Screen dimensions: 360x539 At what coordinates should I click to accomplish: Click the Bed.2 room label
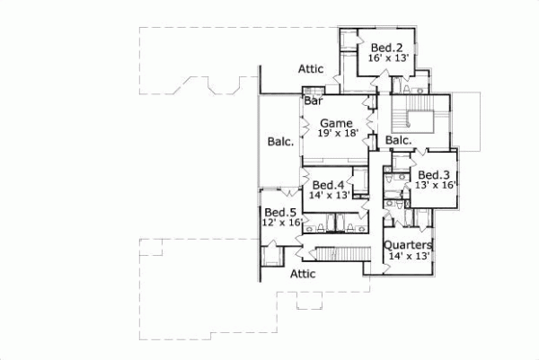tap(386, 47)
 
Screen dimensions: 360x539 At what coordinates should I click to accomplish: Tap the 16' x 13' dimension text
tap(389, 57)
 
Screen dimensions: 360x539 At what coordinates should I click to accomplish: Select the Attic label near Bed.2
tap(311, 68)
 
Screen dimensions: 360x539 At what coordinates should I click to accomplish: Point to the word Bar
tap(314, 101)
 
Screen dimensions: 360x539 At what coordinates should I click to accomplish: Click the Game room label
tap(336, 123)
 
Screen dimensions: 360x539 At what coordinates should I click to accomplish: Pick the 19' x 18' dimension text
tap(338, 134)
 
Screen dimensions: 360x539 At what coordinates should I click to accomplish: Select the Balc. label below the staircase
tap(399, 141)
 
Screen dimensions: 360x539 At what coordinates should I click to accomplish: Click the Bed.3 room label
tap(434, 175)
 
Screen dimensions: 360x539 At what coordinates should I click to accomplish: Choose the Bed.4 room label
tap(328, 185)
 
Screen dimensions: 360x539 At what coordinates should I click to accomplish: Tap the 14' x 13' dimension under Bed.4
tap(330, 196)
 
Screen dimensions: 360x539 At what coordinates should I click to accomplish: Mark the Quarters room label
tap(408, 245)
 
